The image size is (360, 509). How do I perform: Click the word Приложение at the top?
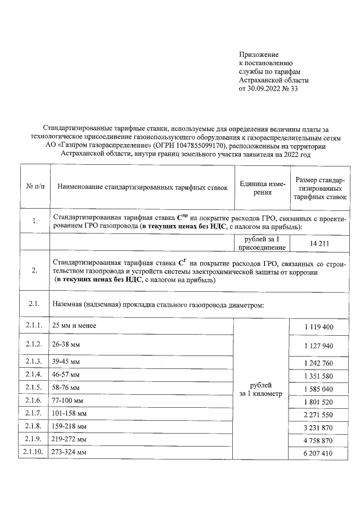tap(259, 55)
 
